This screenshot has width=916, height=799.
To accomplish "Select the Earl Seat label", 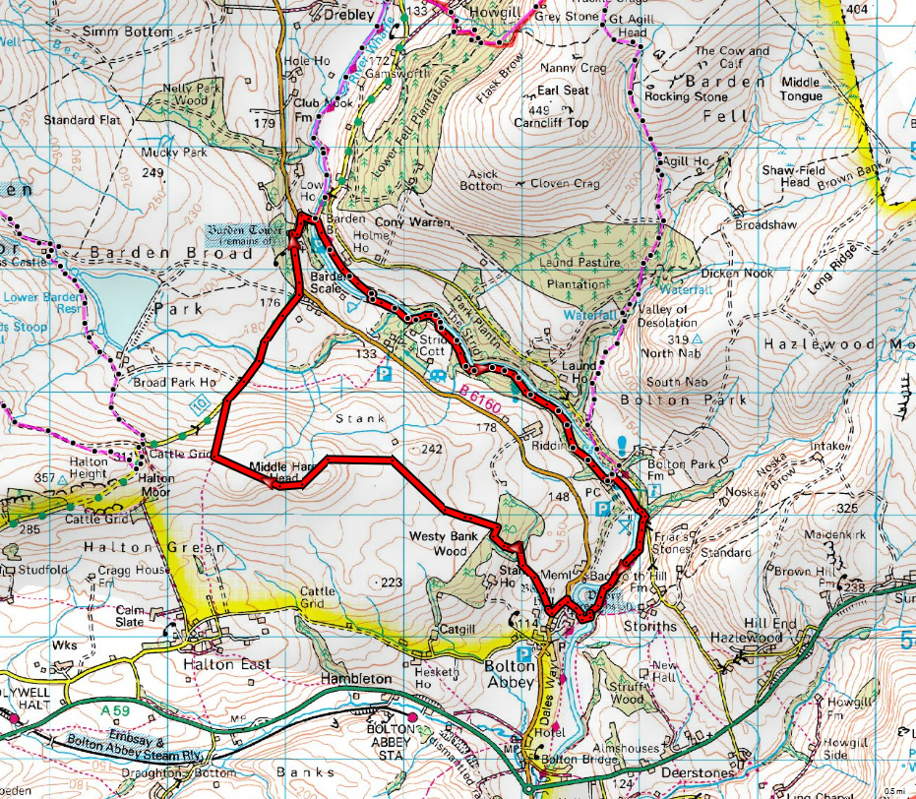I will point(563,91).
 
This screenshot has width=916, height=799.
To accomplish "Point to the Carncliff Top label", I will point(551,123).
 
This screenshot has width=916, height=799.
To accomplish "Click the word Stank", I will point(353,418).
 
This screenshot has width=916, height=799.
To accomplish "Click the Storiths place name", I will point(650,626).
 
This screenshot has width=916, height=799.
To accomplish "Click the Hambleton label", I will point(355,679).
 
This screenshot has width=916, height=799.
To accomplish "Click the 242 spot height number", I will point(431,449).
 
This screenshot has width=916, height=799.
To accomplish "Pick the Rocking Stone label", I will point(686,97).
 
